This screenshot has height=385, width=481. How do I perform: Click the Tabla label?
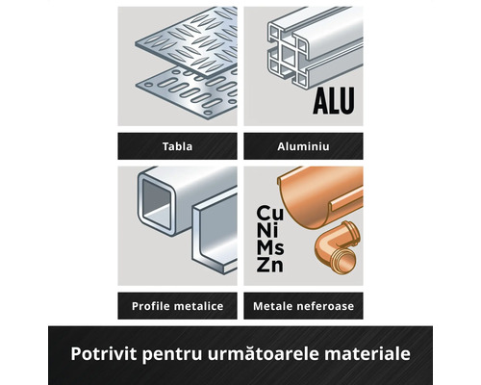click(177, 146)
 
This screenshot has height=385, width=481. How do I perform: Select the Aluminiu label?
click(303, 146)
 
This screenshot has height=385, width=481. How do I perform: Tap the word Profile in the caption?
click(151, 306)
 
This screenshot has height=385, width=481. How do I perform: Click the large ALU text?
click(334, 101)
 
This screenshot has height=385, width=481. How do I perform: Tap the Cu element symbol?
click(270, 214)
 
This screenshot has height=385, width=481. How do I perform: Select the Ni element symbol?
click(267, 230)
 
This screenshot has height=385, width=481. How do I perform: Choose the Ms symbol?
click(270, 247)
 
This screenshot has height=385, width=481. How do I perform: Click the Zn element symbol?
click(269, 265)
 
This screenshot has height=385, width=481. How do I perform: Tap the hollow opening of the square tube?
click(157, 204)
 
